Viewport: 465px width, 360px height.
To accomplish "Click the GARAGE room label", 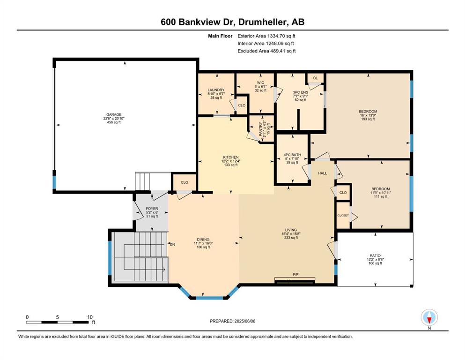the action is click(x=114, y=114).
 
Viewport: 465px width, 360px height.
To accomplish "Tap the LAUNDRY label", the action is click(x=216, y=90).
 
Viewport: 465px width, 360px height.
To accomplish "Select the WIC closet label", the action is click(x=261, y=83).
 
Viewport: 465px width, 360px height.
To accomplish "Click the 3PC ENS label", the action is click(x=301, y=92).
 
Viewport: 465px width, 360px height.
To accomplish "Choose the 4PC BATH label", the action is click(x=292, y=155).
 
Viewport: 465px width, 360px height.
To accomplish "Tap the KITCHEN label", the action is click(x=231, y=157).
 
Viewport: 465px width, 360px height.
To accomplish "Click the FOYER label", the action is click(x=152, y=209).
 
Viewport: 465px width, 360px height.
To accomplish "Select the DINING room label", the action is click(x=203, y=240).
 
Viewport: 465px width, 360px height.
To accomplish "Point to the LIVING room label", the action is click(x=291, y=230).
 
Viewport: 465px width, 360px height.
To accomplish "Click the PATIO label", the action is click(x=375, y=255).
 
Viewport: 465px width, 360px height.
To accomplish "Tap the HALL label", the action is click(x=323, y=173).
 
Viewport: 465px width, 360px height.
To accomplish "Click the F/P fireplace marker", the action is click(x=295, y=275).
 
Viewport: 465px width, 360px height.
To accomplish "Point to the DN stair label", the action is click(x=172, y=245).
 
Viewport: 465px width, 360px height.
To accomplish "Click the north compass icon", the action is click(x=429, y=317).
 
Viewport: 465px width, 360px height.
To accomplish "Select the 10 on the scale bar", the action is click(x=90, y=317).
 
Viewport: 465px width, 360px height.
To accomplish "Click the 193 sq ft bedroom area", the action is click(x=368, y=119).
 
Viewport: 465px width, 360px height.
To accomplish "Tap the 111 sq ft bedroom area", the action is click(x=381, y=196).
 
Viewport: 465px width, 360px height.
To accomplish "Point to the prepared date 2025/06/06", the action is click(x=244, y=321).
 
